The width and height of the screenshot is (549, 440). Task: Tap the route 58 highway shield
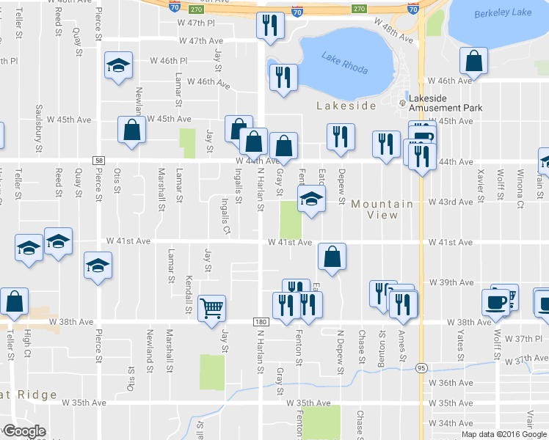click(98, 161)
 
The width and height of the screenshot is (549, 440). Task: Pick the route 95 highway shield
click(421, 367)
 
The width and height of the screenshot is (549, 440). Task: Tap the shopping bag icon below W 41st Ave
click(332, 257)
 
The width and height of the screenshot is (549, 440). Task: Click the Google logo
click(24, 431)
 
